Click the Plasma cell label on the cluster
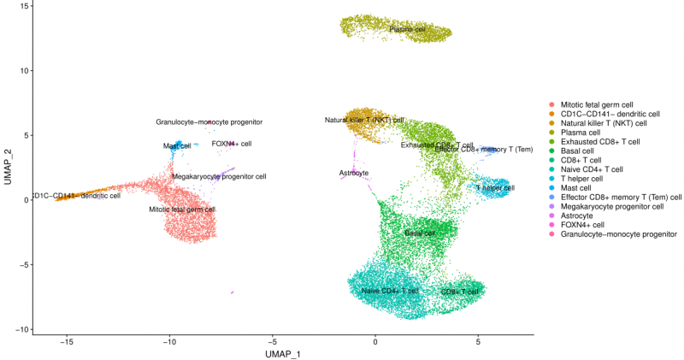[x=407, y=29]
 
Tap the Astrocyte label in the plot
[x=354, y=173]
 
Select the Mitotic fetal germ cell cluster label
[x=182, y=209]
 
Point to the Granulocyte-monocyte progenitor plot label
[x=209, y=122]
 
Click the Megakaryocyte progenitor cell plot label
[x=219, y=177]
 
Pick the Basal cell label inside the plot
[x=420, y=233]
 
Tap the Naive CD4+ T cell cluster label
[x=390, y=291]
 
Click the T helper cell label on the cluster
[x=495, y=187]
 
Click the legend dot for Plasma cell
[x=552, y=133]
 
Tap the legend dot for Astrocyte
[x=552, y=215]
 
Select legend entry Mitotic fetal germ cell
[x=603, y=104]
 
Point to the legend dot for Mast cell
[x=552, y=188]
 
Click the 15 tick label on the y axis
[x=24, y=6]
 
